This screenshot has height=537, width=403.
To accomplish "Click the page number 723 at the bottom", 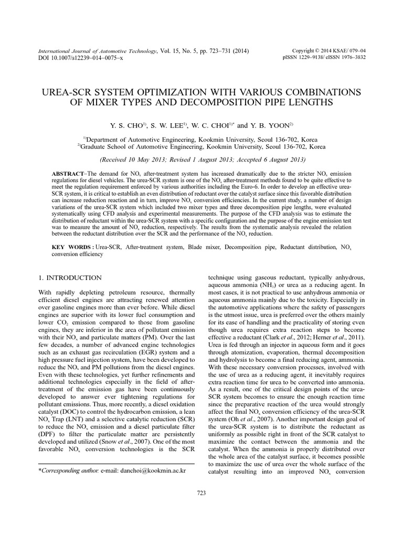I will (201, 492).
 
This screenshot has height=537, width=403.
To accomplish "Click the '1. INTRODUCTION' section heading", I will (71, 277).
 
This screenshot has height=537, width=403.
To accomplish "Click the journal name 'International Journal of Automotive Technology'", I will (98, 51).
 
